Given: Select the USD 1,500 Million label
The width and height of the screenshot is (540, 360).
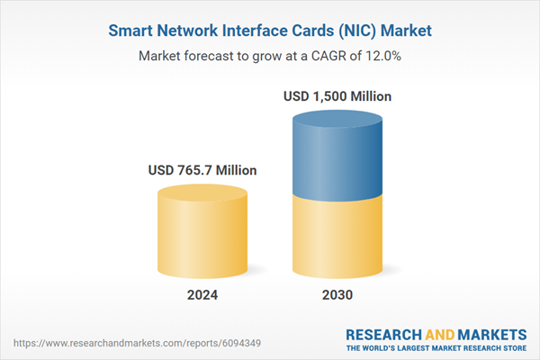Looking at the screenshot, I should tap(337, 95).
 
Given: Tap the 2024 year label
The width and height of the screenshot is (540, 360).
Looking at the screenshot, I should tap(202, 295).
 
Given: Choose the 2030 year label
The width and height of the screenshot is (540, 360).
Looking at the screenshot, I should tap(337, 295).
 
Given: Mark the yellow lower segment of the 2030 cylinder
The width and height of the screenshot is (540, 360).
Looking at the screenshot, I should tap(337, 238).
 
